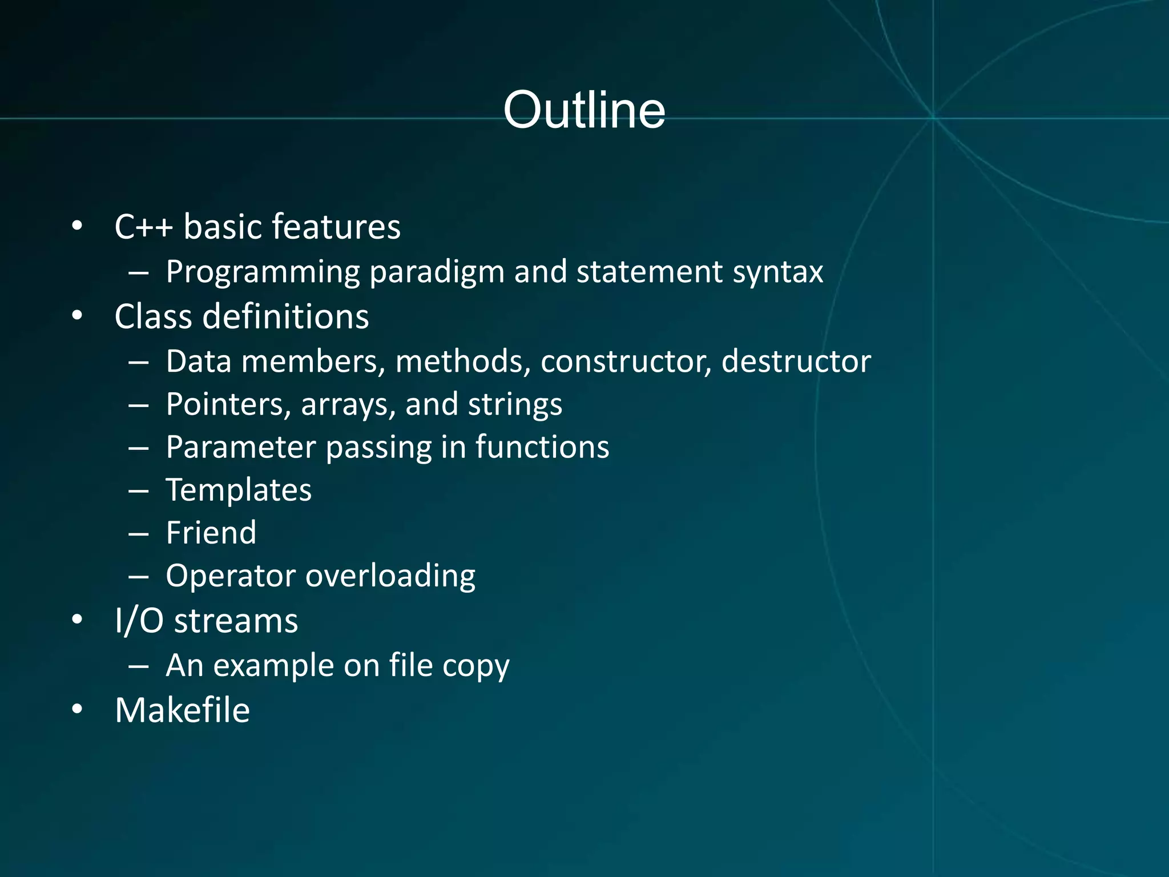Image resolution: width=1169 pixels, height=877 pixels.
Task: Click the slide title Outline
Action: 584,110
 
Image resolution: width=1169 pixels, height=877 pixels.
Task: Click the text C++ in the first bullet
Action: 143,227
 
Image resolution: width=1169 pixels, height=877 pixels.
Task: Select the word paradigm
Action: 437,272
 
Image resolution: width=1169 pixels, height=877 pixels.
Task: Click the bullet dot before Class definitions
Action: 78,316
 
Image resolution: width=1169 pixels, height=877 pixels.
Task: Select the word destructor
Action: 796,361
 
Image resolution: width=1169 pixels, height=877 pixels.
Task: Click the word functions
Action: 542,447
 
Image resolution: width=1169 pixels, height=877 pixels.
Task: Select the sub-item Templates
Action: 239,490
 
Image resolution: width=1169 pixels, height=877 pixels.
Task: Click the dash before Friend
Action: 139,533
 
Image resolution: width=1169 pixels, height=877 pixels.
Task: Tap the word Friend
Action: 211,533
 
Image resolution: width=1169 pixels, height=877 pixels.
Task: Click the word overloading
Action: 390,576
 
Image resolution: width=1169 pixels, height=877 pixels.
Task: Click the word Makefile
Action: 183,710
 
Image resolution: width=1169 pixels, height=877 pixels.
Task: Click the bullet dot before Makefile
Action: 78,710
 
